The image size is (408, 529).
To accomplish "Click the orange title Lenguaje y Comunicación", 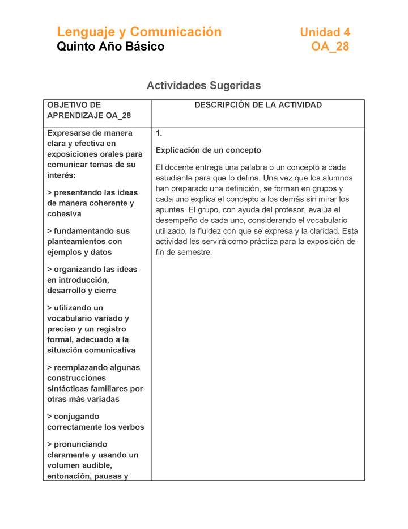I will point(139,32).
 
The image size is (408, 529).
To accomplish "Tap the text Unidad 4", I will point(325,32).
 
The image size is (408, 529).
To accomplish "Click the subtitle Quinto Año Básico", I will point(110,47).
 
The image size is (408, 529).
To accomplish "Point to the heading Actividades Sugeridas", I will point(203,86).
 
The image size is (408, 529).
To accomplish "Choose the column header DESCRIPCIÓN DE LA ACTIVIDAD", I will point(258,105).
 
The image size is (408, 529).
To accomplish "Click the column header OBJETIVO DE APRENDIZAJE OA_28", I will point(88,110).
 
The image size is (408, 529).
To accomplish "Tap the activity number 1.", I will point(159,133).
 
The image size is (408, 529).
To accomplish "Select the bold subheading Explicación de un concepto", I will point(208,150).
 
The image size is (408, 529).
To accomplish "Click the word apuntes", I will point(171,210).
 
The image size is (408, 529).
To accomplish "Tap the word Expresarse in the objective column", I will point(70,133).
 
